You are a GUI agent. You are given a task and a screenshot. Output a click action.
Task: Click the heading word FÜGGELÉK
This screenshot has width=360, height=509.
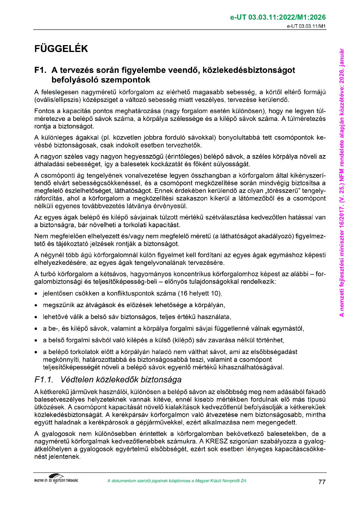point(61,49)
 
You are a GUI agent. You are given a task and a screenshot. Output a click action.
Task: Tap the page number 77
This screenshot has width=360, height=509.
point(322,482)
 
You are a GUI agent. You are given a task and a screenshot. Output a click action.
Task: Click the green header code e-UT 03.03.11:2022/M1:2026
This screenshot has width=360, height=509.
point(278,17)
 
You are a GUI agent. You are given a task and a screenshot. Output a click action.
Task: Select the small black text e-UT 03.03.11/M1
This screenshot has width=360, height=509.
point(306,26)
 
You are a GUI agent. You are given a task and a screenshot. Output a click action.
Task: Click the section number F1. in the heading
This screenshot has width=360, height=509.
point(40,70)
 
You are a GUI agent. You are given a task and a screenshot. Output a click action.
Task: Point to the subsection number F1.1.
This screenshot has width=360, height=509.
point(44,380)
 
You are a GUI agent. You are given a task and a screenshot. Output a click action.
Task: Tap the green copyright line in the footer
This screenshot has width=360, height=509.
point(177,481)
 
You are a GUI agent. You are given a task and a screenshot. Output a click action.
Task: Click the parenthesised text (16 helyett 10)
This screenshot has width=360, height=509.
point(200,293)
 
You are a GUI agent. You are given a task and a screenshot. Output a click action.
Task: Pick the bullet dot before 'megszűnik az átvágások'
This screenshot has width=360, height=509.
point(36,306)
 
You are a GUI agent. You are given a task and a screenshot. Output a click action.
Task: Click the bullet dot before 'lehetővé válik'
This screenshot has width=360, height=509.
point(36,317)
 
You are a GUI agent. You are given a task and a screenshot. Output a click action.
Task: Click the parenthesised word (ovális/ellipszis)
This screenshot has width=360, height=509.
point(58,100)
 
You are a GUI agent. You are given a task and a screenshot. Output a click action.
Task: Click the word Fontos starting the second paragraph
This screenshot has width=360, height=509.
point(44,111)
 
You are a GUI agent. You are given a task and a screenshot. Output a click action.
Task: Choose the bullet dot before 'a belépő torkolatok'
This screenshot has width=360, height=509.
point(36,352)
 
